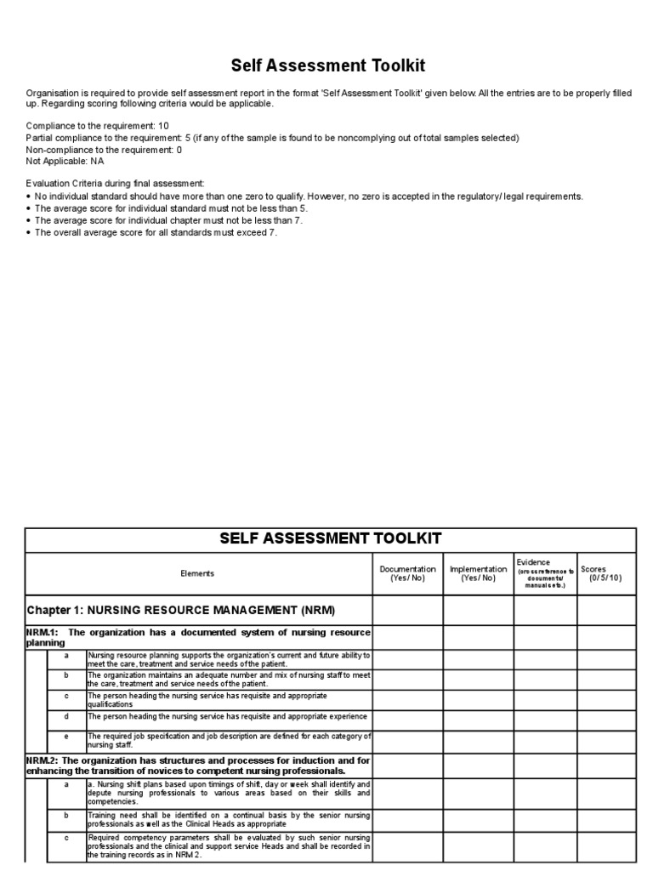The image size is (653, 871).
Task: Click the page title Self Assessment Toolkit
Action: click(328, 65)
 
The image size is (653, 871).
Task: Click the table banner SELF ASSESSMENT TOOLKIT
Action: click(330, 538)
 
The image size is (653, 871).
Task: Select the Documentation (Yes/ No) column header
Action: click(407, 573)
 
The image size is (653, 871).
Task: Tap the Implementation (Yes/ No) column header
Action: click(478, 573)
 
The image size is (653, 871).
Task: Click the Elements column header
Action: click(197, 574)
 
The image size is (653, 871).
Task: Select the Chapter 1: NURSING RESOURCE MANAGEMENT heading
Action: click(181, 610)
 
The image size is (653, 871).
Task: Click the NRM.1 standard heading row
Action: click(197, 638)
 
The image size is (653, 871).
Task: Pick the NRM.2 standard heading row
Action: click(197, 765)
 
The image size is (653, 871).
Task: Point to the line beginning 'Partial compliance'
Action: click(272, 138)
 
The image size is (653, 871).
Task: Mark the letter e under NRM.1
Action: click(66, 736)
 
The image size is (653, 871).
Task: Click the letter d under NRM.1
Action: click(66, 716)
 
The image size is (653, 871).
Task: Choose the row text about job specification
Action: click(228, 740)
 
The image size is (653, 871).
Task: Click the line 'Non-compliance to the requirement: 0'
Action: click(104, 150)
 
